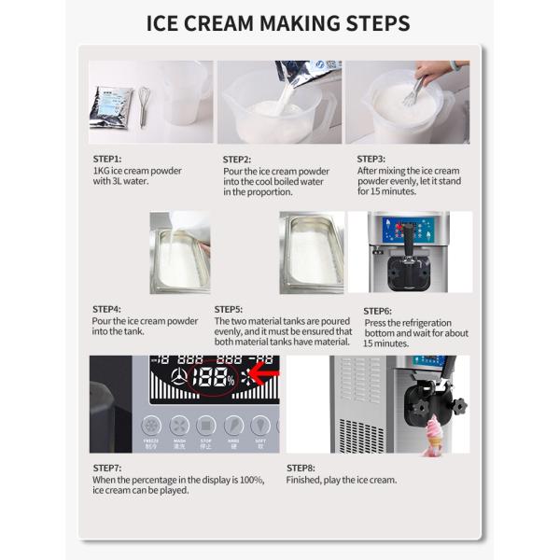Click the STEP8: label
click(301, 468)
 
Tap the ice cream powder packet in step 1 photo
click(110, 106)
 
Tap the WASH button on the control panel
click(179, 427)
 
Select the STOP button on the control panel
click(206, 427)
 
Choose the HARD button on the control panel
click(234, 427)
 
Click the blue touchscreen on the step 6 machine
click(409, 230)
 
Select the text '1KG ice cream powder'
click(137, 171)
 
